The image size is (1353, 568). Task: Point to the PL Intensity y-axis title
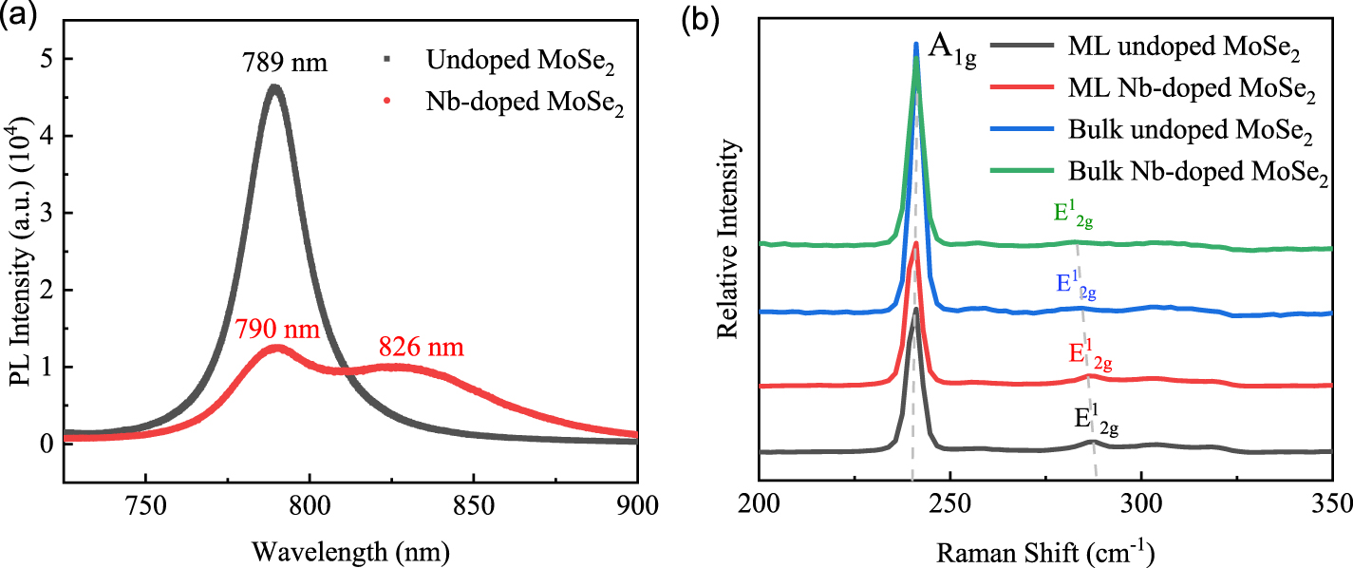(18, 253)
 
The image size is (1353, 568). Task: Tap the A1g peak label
(950, 47)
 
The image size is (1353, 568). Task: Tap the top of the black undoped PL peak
(274, 87)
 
